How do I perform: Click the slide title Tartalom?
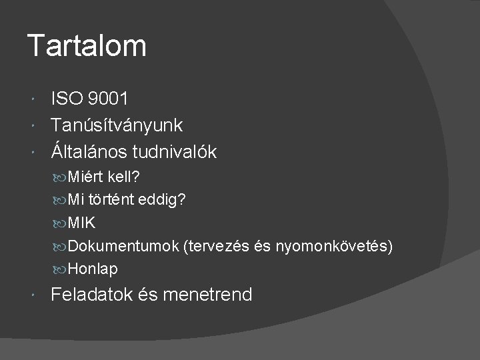pos(87,47)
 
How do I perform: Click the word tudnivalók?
pos(177,152)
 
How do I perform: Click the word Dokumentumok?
pos(122,247)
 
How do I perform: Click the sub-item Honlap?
pos(93,269)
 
